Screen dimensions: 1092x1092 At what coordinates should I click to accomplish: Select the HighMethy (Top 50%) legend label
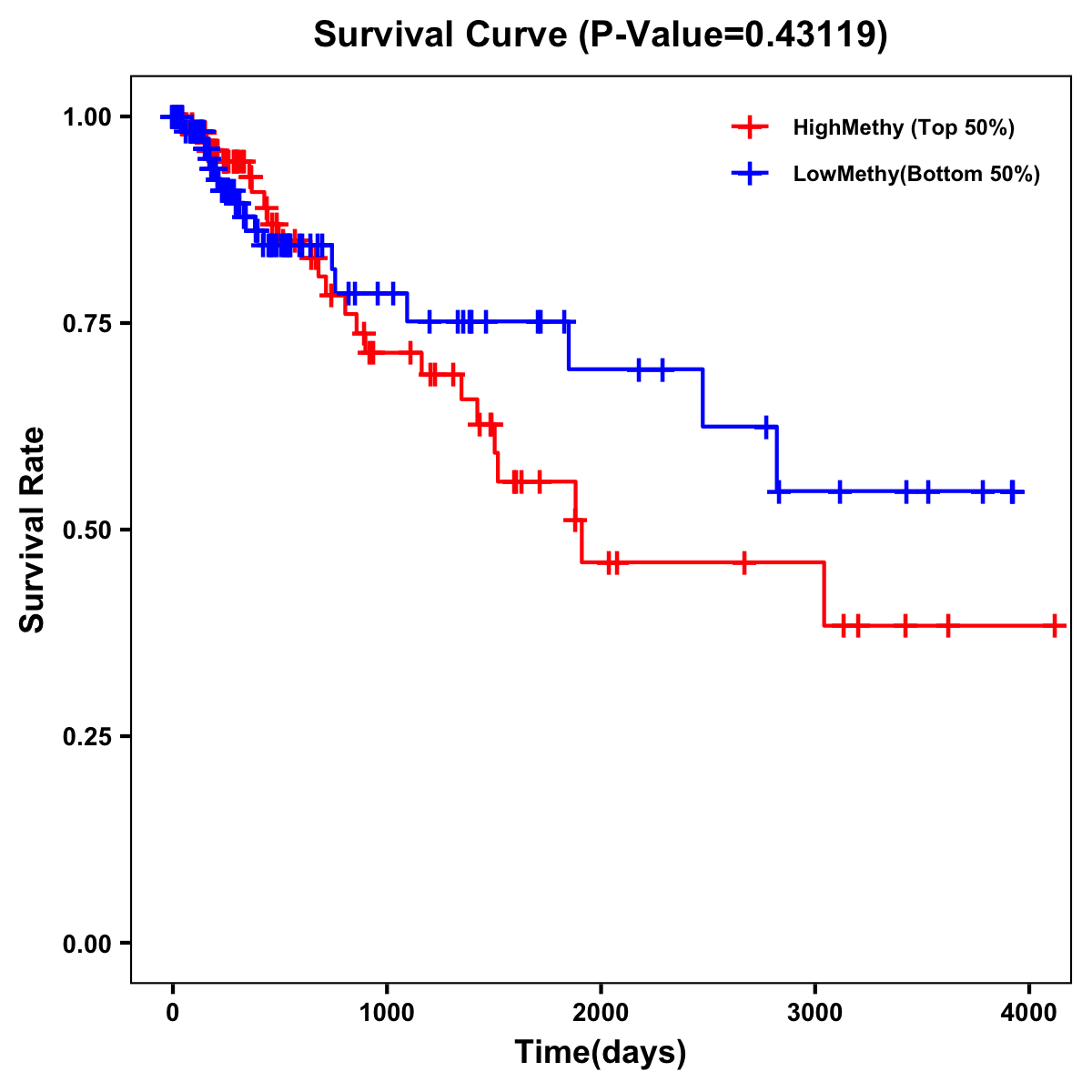(x=903, y=127)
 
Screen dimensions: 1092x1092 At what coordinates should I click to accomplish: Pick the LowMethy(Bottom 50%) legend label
(x=916, y=174)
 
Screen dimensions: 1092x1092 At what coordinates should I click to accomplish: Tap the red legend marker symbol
(x=750, y=127)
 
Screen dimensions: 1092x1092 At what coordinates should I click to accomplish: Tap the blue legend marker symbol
(x=750, y=174)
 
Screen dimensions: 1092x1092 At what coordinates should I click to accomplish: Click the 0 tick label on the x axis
(x=172, y=1009)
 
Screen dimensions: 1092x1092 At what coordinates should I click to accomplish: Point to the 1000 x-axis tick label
(x=387, y=1009)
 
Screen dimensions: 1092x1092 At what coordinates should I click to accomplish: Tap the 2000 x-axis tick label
(x=601, y=1009)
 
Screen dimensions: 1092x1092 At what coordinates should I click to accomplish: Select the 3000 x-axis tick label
(x=814, y=1009)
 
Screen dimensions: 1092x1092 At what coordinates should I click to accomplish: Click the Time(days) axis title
(x=601, y=1053)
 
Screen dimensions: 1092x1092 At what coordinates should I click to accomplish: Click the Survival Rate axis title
(x=33, y=530)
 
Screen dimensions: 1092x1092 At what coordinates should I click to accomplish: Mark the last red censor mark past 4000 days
(x=1054, y=626)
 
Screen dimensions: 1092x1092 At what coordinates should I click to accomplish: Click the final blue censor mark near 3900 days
(x=1011, y=492)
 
